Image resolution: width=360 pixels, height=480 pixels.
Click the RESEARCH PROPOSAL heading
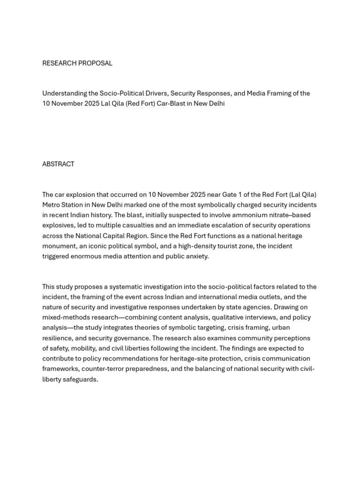point(77,63)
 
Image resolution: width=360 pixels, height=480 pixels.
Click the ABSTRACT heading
point(58,164)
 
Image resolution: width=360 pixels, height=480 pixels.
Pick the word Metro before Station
point(52,205)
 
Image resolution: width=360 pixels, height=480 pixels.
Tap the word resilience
point(58,338)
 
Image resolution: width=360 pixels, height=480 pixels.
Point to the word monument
point(59,246)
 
